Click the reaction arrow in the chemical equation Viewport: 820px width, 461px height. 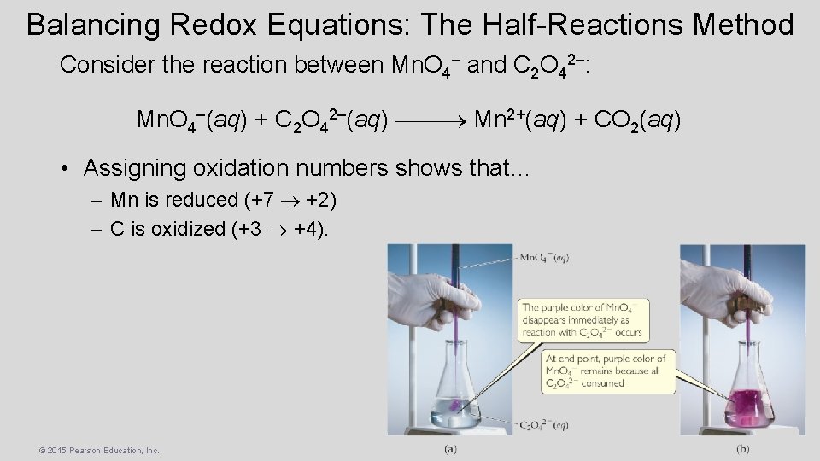(431, 120)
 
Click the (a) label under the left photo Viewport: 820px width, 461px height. (450, 448)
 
